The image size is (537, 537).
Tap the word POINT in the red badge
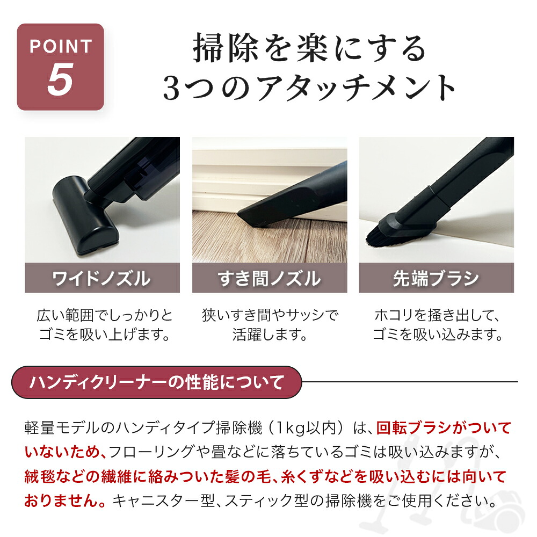(x=60, y=46)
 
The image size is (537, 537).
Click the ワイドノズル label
(x=102, y=278)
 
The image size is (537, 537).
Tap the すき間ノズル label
(x=270, y=278)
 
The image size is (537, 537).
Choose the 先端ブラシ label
(x=436, y=278)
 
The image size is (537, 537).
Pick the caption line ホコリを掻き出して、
(x=436, y=314)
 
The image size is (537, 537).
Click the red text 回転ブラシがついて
(x=443, y=428)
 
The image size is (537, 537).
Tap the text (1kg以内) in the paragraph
(x=307, y=428)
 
